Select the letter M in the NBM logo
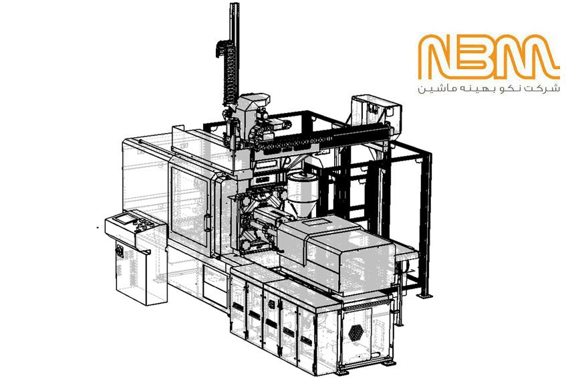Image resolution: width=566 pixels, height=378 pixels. coord(525,57)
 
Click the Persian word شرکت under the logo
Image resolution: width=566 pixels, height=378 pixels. coord(547,88)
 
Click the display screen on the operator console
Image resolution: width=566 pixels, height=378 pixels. coord(124,218)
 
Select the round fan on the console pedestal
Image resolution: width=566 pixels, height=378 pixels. coord(120,251)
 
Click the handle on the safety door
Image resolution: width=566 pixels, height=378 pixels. coord(207,222)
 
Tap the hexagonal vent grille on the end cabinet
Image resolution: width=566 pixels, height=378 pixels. coord(356,333)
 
